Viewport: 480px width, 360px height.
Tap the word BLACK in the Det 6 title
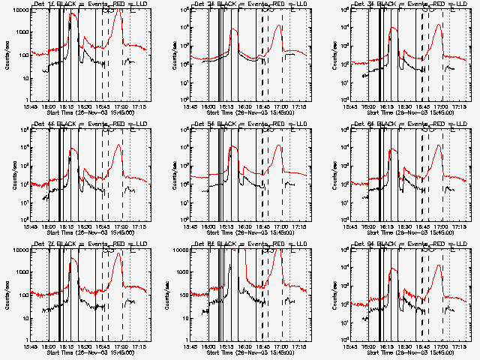tap(394, 124)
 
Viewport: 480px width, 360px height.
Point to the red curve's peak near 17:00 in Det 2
tap(278, 26)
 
